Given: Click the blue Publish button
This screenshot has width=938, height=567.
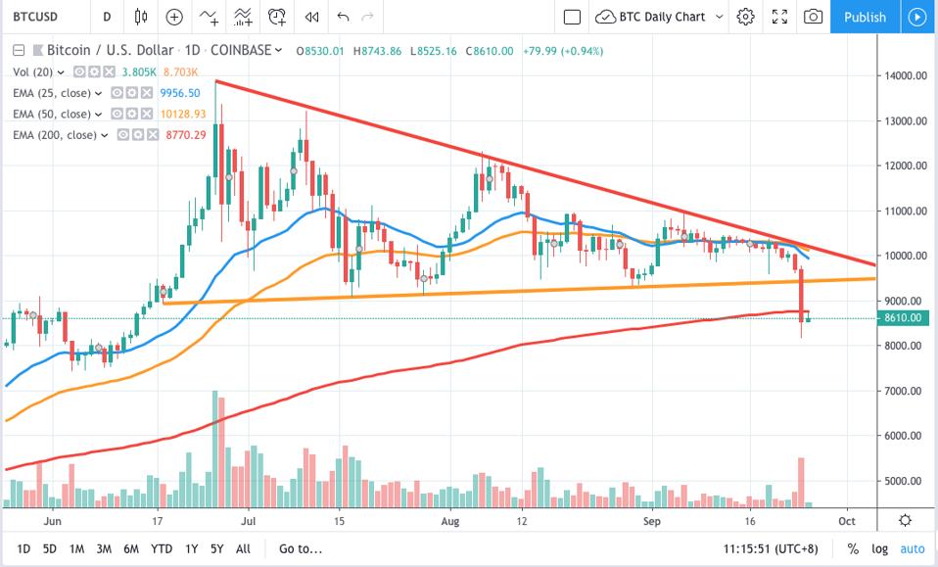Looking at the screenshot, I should click(x=865, y=17).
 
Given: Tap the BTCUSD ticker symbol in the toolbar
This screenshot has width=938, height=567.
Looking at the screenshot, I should click(x=33, y=17).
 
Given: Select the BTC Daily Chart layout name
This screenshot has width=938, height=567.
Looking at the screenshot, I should click(x=662, y=17).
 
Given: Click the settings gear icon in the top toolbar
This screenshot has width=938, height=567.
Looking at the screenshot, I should click(x=746, y=17).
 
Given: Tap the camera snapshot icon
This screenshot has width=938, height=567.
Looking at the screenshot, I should click(x=813, y=17).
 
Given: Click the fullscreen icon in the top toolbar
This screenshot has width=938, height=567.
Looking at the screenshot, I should click(x=779, y=17).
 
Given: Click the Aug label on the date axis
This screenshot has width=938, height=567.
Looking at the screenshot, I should click(x=450, y=523).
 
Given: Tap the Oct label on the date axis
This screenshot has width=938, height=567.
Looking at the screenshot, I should click(x=848, y=523).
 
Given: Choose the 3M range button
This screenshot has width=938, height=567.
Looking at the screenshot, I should click(x=103, y=548).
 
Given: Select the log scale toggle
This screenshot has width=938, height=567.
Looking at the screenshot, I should click(x=880, y=548).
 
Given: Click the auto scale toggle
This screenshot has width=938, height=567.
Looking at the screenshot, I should click(x=912, y=548).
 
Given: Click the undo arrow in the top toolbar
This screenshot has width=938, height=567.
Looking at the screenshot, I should click(x=342, y=17).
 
